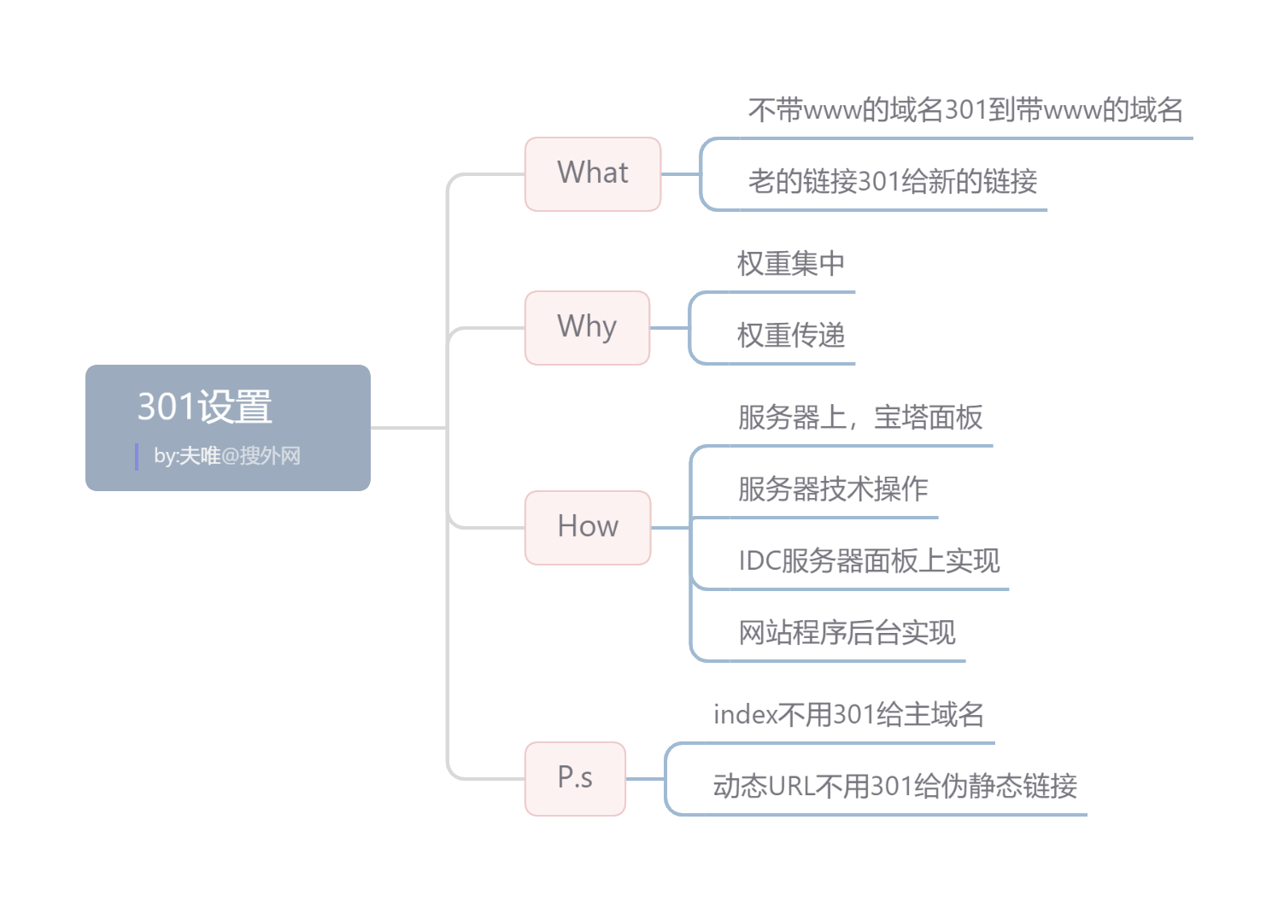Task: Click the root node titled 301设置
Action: point(205,407)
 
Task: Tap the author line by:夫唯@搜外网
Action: point(227,456)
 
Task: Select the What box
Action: point(593,173)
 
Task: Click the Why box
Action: point(587,327)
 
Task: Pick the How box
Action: point(588,527)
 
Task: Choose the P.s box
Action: point(575,778)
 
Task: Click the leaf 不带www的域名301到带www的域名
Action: point(965,110)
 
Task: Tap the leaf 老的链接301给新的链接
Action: point(893,182)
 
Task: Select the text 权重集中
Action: point(791,264)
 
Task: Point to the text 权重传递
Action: point(791,336)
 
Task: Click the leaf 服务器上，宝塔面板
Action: point(860,418)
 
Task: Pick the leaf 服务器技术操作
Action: point(833,489)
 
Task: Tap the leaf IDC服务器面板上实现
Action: point(869,561)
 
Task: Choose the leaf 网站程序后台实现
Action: point(847,633)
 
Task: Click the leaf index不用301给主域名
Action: point(848,715)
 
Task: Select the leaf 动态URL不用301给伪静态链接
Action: point(894,787)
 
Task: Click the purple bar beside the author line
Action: point(137,456)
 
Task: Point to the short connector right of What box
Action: point(680,174)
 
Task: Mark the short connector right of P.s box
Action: point(645,779)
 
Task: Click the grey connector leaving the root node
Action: point(408,427)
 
